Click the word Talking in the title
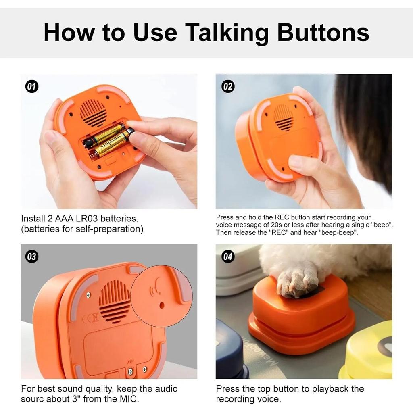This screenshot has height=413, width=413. [227, 33]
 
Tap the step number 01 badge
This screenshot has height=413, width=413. [31, 86]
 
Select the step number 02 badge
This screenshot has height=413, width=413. [228, 86]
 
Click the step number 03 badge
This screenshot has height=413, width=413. [31, 257]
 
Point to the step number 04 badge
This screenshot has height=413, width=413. [228, 257]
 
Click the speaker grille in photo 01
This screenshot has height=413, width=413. [93, 113]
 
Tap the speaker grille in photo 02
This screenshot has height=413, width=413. [284, 118]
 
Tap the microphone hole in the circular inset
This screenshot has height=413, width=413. [162, 305]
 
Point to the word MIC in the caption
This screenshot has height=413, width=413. [129, 399]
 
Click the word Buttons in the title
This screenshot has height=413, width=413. [323, 33]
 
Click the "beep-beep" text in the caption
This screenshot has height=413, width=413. [338, 233]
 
